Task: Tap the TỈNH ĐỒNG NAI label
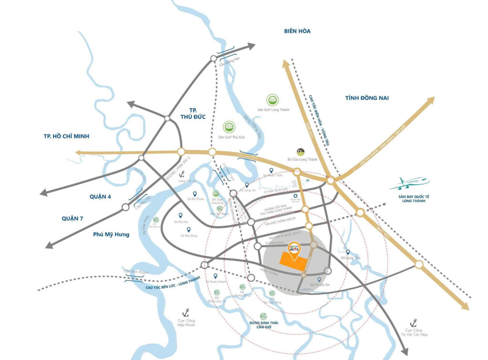[x=367, y=98]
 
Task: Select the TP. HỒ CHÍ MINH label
[x=66, y=136]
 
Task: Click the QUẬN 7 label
[x=72, y=219]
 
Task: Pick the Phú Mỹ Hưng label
[x=111, y=234]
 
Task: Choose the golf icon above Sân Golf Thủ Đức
[x=229, y=127]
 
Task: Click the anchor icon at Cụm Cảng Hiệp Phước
[x=187, y=312]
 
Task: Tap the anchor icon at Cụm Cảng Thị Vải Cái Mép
[x=414, y=322]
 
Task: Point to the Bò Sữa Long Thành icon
[x=300, y=151]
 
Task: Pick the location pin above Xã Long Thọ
[x=348, y=252]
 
